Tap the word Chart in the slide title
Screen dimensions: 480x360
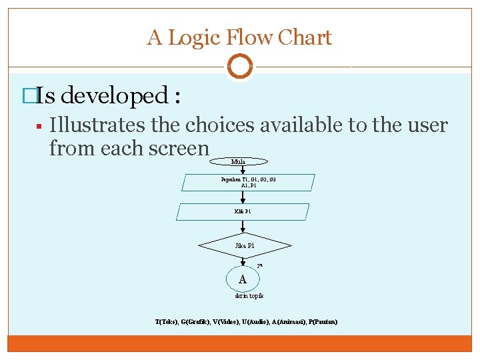pyautogui.click(x=305, y=37)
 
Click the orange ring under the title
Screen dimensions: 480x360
pyautogui.click(x=239, y=67)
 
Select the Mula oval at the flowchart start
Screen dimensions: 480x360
pyautogui.click(x=239, y=161)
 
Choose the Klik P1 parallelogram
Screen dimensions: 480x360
pyautogui.click(x=243, y=211)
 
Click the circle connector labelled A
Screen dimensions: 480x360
pyautogui.click(x=243, y=279)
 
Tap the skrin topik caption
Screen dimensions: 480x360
pyautogui.click(x=249, y=295)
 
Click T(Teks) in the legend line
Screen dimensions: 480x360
pyautogui.click(x=166, y=322)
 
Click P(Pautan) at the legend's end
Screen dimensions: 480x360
pyautogui.click(x=323, y=322)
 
